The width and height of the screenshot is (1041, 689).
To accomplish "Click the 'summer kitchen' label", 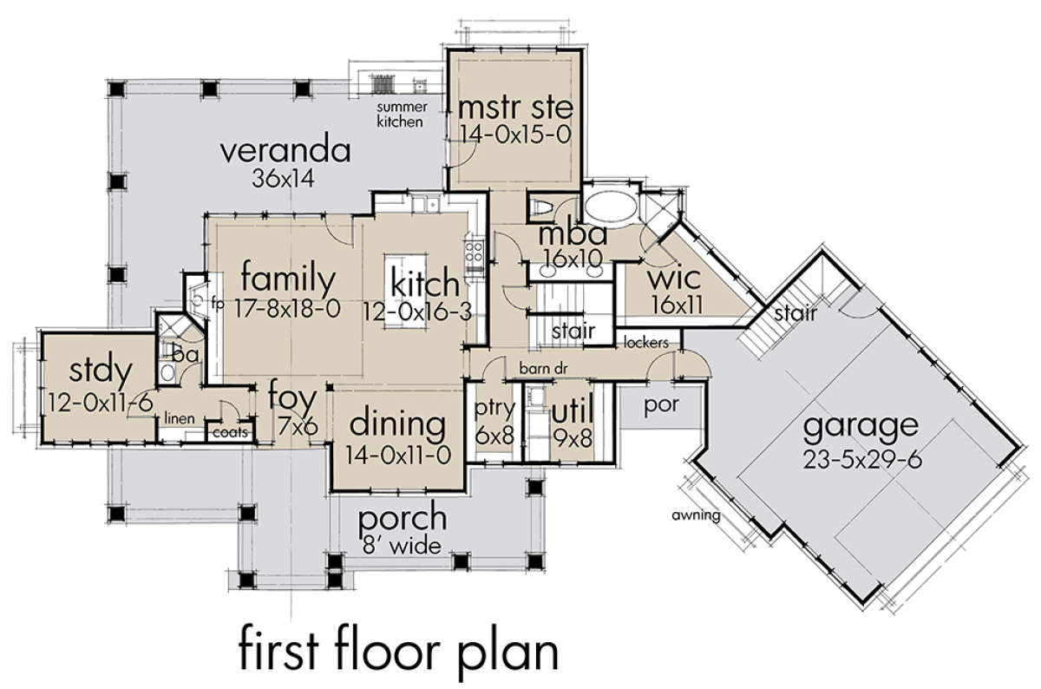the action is [x=402, y=115].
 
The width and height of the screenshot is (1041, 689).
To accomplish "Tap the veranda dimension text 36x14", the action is [x=283, y=178].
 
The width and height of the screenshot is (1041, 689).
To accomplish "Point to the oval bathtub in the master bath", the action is [x=610, y=210].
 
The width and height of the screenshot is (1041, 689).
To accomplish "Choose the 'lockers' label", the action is [x=646, y=343].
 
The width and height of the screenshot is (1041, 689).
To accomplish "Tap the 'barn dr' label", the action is [x=543, y=369].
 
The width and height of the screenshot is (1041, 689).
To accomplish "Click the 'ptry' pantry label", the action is [x=495, y=409].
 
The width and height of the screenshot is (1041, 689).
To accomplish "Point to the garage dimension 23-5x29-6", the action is [x=862, y=460].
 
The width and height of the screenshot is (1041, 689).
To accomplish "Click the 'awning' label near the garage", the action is [x=696, y=515].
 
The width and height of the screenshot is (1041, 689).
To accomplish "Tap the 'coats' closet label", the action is [x=230, y=432].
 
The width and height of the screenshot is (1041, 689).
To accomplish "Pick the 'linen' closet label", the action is [x=180, y=418].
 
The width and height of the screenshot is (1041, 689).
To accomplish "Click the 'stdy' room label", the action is [x=101, y=372].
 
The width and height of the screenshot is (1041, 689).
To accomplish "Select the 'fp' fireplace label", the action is [x=218, y=304].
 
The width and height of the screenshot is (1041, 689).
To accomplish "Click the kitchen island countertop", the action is [x=405, y=292].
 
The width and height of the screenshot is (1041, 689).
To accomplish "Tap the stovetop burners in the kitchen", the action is [x=475, y=252].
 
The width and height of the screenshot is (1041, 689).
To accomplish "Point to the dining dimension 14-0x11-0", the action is [x=398, y=456].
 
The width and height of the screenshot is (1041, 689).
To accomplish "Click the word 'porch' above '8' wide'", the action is [x=403, y=518].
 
